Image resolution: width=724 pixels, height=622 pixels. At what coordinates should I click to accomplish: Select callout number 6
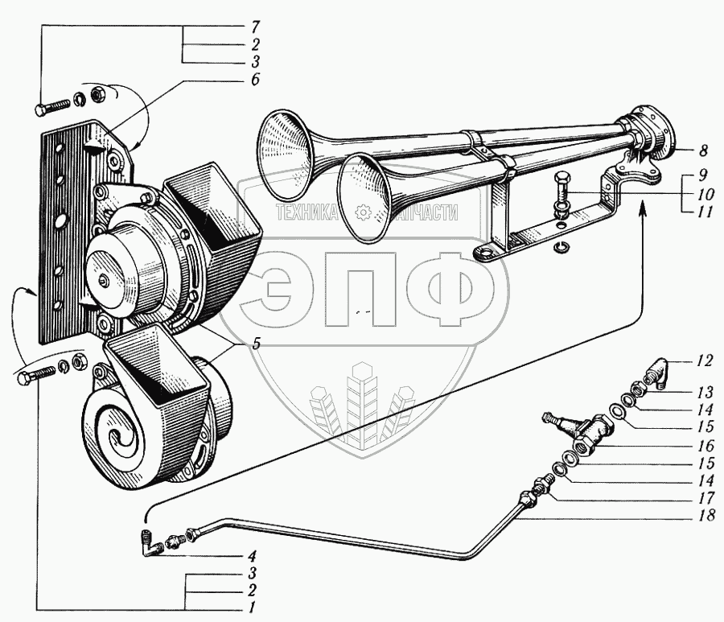coord(255,80)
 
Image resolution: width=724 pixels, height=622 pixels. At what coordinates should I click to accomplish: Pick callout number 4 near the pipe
coord(252,554)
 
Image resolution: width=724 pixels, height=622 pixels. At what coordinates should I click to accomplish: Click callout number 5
coord(255,344)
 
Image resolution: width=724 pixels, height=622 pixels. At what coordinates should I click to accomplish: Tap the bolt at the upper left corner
coord(50,107)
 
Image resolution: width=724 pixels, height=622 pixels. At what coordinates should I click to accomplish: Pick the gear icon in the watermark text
coord(361,212)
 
